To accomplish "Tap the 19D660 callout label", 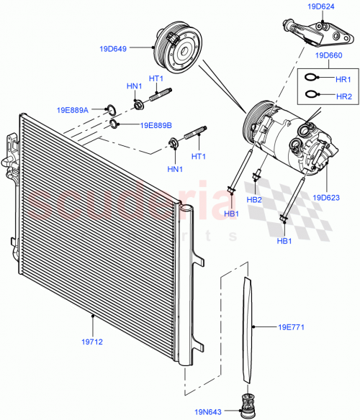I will (x=328, y=54).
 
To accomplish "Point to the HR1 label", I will (x=343, y=79).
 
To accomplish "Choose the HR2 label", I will (x=343, y=95).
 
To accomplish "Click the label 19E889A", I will (x=73, y=110).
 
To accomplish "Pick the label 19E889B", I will (x=156, y=125).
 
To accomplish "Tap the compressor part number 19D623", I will (x=327, y=196).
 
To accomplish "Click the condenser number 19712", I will (x=93, y=342).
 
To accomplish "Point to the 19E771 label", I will (x=292, y=328).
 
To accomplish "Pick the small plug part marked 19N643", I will (x=249, y=407).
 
